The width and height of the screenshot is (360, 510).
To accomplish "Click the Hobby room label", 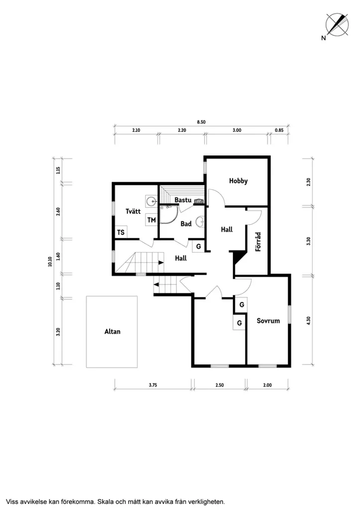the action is coord(238,181).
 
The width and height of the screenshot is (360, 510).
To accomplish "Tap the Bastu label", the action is coord(183,200).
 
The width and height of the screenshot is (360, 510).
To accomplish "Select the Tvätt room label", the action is coord(133,211).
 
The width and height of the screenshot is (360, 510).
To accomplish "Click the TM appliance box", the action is coord(151,220).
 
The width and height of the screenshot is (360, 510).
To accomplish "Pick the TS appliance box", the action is coord(120,232).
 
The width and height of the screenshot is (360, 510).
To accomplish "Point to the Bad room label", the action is coord(186,224).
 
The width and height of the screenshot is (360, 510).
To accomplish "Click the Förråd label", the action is coord(258,242).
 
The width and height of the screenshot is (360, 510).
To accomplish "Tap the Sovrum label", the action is coord(268,321).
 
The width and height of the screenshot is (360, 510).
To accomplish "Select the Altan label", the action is coord(112,331).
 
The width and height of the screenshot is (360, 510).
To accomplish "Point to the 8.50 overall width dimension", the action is coord(201,122).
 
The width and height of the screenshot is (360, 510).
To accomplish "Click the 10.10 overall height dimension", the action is coord(50,261).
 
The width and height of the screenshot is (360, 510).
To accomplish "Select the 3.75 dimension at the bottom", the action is coord(153,385).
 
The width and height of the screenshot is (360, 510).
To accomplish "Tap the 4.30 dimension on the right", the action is coord(309,320).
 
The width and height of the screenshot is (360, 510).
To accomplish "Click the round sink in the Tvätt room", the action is coord(151,201).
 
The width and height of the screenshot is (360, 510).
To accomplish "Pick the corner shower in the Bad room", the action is coord(169,214).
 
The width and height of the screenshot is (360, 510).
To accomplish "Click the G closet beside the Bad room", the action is coord(198,247).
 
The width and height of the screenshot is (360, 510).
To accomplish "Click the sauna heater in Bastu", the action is coord(199,201).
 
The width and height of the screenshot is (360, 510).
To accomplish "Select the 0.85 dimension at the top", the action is coord(279,130).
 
